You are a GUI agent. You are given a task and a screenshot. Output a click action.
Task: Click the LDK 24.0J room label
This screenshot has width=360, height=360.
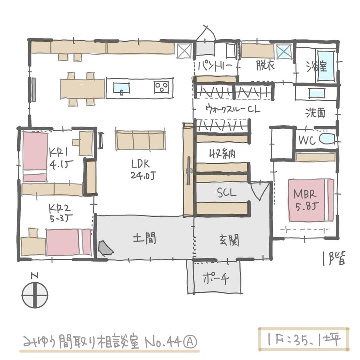point(142,169)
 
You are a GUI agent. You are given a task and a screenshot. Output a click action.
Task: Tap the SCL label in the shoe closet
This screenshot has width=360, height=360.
point(227,193)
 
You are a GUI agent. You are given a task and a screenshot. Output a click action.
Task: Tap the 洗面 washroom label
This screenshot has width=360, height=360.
point(315,113)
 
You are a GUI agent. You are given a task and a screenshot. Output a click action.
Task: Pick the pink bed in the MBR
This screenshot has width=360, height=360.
point(311,200)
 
